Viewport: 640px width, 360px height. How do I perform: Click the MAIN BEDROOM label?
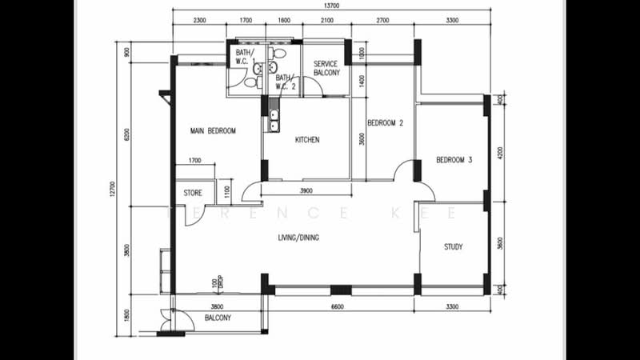213,130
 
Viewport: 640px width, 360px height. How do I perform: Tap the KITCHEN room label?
307,140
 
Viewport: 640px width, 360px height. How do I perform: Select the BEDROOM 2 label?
385,123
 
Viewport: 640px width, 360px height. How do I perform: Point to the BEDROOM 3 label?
454,160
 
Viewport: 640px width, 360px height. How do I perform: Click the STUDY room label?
453,247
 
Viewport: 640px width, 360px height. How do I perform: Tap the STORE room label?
193,193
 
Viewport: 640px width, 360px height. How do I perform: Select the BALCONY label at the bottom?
218,318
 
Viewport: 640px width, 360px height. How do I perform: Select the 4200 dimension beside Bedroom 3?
499,152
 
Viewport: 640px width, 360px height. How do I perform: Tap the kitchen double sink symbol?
274,120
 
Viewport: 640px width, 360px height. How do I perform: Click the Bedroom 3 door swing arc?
407,170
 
